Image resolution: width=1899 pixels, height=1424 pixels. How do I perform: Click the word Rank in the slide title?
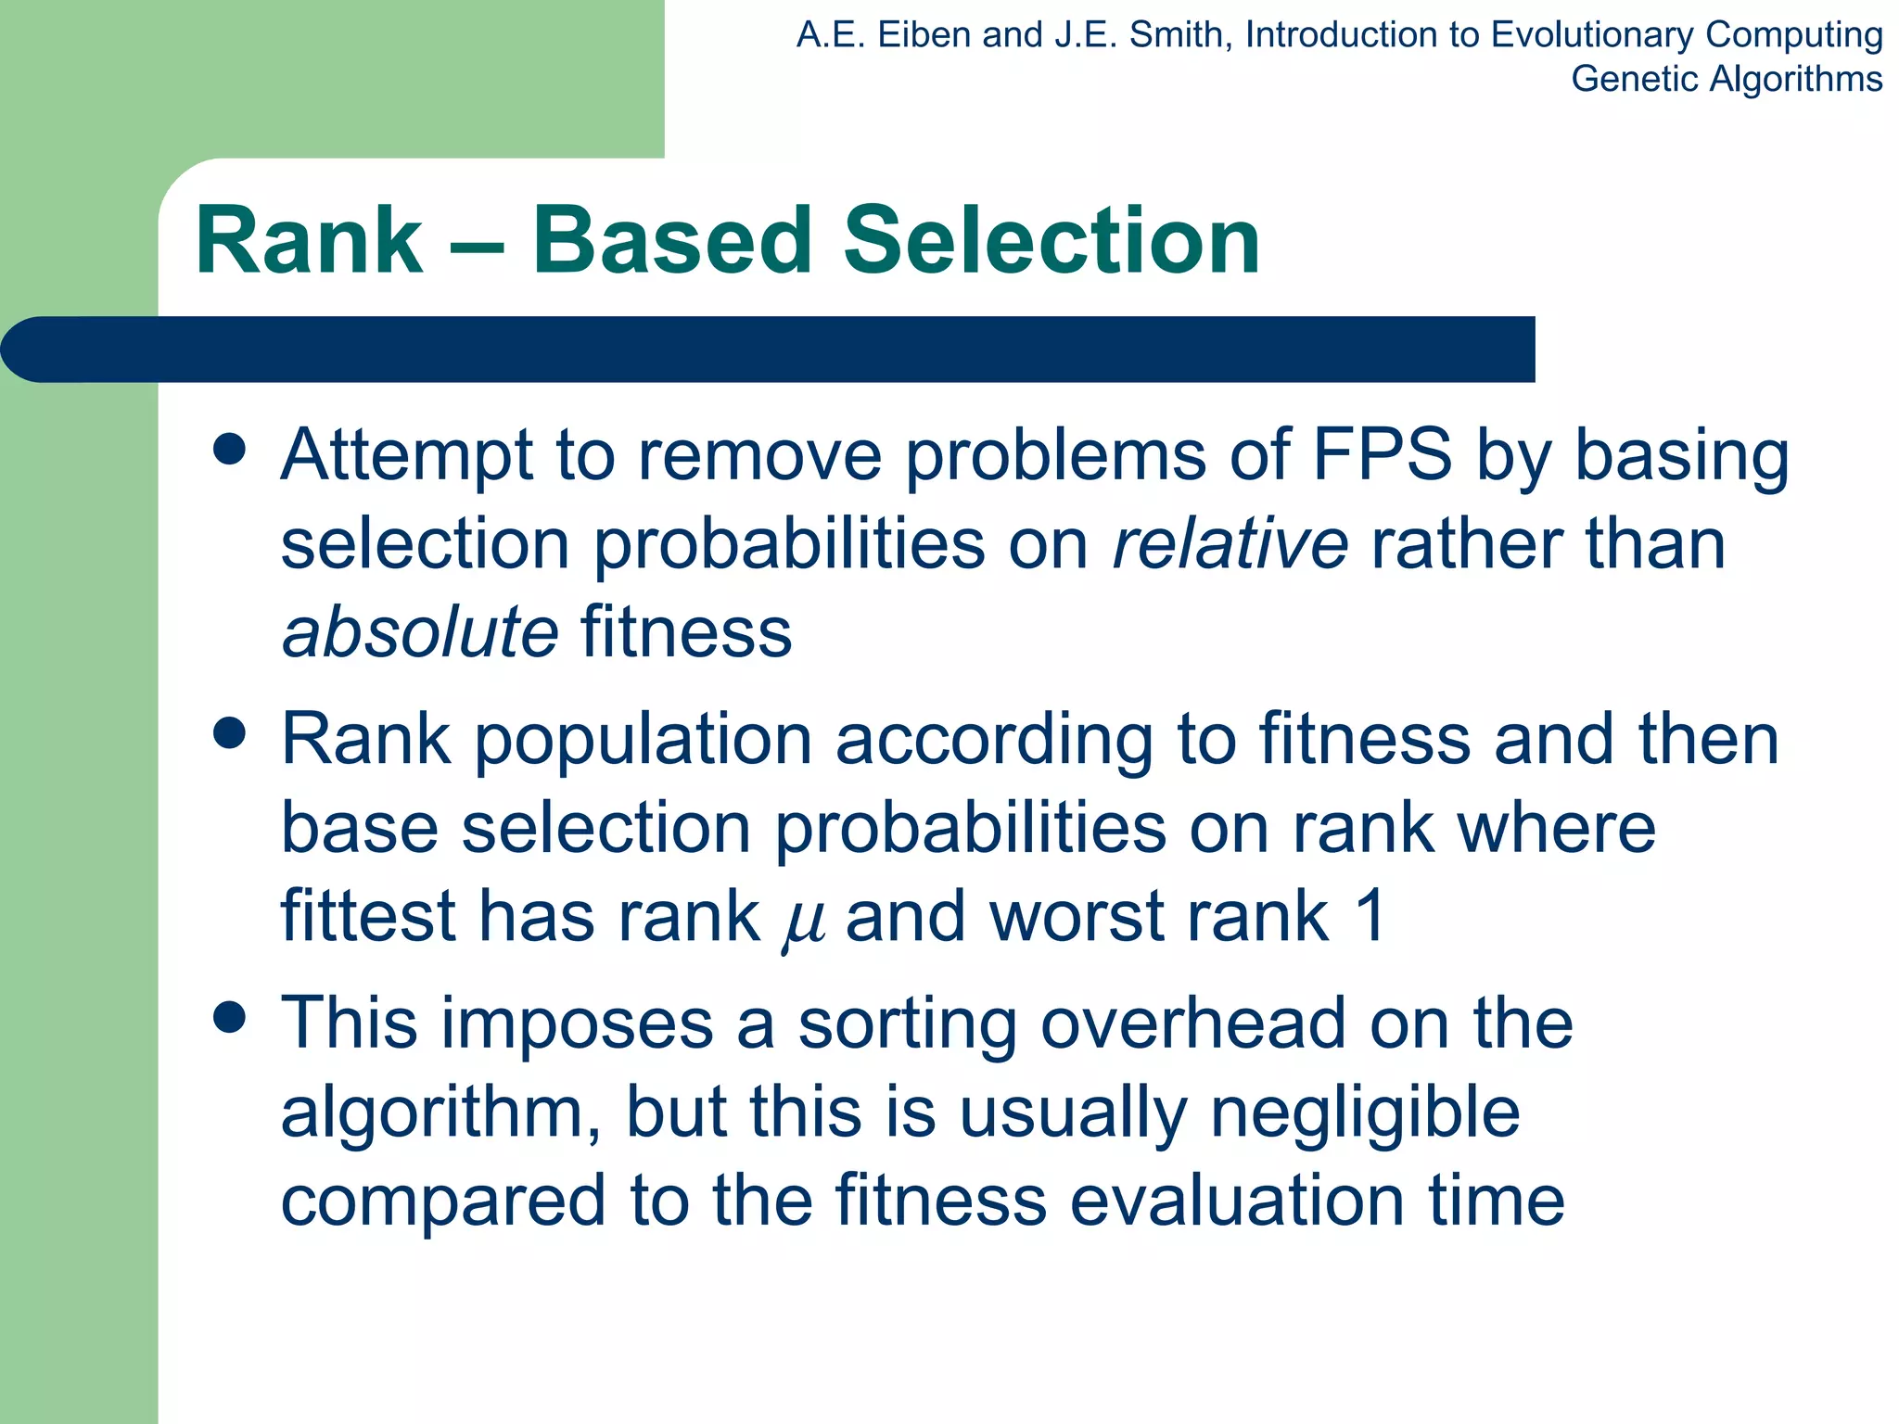coord(309,241)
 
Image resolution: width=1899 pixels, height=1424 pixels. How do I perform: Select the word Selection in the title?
coord(1051,241)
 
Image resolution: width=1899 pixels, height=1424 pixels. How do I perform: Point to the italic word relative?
coord(1230,543)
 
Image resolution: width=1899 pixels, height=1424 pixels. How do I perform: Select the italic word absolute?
coord(420,632)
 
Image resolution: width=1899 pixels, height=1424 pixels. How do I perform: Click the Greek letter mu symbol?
coord(803,922)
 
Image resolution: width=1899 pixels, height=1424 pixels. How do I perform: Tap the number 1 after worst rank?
coord(1370,916)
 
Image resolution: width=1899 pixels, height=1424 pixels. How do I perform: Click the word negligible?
coord(1365,1112)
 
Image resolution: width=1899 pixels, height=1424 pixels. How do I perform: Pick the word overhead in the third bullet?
coord(1192,1023)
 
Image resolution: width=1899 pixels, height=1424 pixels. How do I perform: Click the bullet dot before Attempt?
coord(229,450)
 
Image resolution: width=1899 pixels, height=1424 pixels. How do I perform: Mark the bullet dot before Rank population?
coord(229,733)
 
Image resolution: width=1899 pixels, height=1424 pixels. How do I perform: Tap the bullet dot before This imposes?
coord(229,1017)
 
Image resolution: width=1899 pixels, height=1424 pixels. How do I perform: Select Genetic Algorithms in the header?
coord(1727,79)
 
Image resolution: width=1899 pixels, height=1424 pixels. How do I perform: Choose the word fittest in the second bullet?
coord(367,916)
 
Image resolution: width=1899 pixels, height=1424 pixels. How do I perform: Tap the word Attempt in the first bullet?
coord(407,456)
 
